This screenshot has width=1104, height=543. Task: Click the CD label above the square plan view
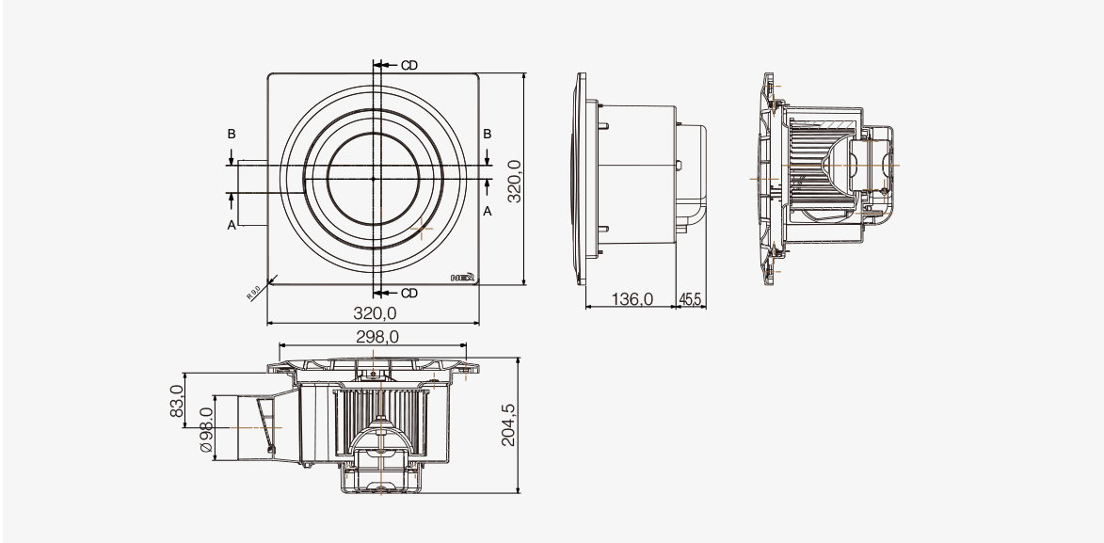pos(408,65)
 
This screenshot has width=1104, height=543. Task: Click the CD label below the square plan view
pos(408,294)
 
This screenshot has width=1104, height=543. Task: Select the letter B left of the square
pos(231,136)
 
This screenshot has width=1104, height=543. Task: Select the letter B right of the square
pos(488,136)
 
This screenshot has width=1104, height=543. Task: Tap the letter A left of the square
pos(231,226)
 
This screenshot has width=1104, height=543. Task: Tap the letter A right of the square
pos(488,213)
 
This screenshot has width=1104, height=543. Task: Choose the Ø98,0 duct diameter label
pos(205,428)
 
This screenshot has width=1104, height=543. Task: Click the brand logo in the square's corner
pos(462,278)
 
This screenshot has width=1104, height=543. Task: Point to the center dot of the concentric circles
pos(374,178)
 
